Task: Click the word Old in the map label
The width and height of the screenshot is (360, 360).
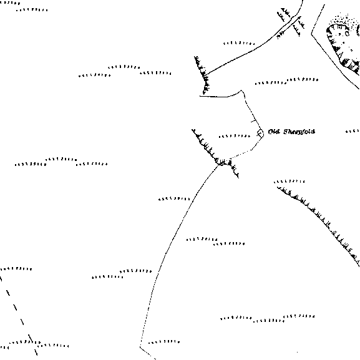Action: pyautogui.click(x=274, y=132)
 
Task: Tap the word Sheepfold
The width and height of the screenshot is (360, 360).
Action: pyautogui.click(x=299, y=132)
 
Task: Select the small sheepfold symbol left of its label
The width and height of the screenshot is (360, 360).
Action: pyautogui.click(x=260, y=134)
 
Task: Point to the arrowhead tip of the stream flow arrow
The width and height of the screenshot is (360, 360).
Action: pyautogui.click(x=300, y=16)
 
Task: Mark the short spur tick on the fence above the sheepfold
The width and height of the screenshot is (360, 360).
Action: pyautogui.click(x=253, y=120)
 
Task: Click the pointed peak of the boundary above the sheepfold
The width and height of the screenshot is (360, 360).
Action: pyautogui.click(x=241, y=90)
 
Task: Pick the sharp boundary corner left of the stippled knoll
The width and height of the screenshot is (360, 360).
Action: pyautogui.click(x=311, y=34)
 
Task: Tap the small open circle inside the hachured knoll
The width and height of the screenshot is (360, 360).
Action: pyautogui.click(x=347, y=34)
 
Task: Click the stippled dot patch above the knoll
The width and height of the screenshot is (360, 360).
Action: pyautogui.click(x=344, y=19)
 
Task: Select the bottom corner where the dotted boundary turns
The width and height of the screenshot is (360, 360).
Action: pyautogui.click(x=140, y=347)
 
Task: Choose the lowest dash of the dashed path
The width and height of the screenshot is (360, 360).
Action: pyautogui.click(x=36, y=353)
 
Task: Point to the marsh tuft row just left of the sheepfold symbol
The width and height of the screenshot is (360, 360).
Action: pyautogui.click(x=235, y=136)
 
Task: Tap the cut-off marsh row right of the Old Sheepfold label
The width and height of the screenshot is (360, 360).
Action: pyautogui.click(x=353, y=131)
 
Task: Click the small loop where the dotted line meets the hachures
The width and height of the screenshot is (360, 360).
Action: pyautogui.click(x=220, y=163)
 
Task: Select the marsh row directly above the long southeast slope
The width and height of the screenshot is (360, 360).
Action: pyautogui.click(x=289, y=182)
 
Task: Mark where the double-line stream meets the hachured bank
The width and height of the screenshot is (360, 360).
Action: pyautogui.click(x=206, y=75)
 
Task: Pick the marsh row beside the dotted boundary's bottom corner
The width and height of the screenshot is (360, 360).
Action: pyautogui.click(x=164, y=342)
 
